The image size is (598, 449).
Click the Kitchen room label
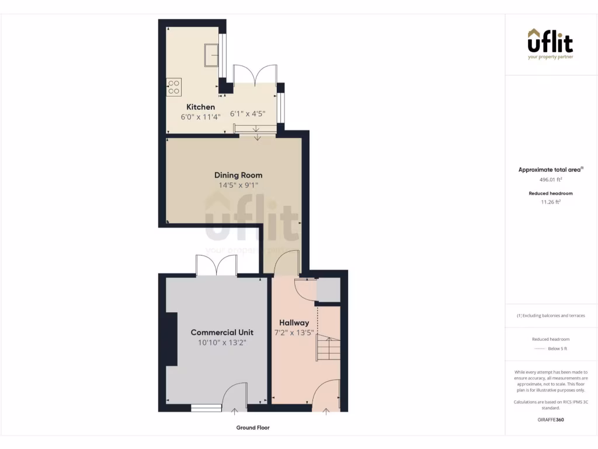[x=200, y=107]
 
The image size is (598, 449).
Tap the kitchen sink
[x=211, y=56]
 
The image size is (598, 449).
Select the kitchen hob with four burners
[x=174, y=87]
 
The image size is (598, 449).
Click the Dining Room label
[x=238, y=175]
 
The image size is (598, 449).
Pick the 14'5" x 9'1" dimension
[x=238, y=185]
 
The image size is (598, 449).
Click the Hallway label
[x=294, y=323]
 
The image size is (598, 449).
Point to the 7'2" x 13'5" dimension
[x=294, y=333]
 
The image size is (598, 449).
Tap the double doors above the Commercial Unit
[x=217, y=266]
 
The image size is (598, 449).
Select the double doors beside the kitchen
[x=255, y=74]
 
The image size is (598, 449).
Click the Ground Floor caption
[x=253, y=428]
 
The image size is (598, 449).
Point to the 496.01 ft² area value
[x=550, y=180]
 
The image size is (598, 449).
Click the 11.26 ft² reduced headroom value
[x=550, y=202]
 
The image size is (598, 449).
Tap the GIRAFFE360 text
[x=550, y=419]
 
